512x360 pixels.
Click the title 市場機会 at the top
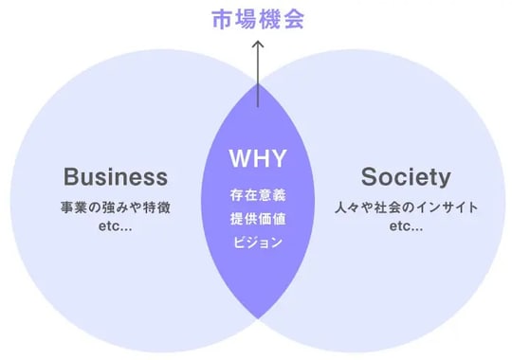[257, 19]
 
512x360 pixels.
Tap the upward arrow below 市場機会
[257, 62]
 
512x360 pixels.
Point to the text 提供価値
[257, 219]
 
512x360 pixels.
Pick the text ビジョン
[257, 242]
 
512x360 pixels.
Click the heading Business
[116, 177]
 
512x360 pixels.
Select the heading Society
[406, 177]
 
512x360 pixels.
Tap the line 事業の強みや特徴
[116, 207]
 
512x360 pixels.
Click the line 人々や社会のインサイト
[406, 207]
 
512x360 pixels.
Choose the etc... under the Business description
[116, 228]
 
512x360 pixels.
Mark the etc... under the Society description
[406, 228]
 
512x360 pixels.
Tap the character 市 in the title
[220, 19]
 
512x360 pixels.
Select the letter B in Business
[71, 177]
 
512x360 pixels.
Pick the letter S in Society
[369, 177]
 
